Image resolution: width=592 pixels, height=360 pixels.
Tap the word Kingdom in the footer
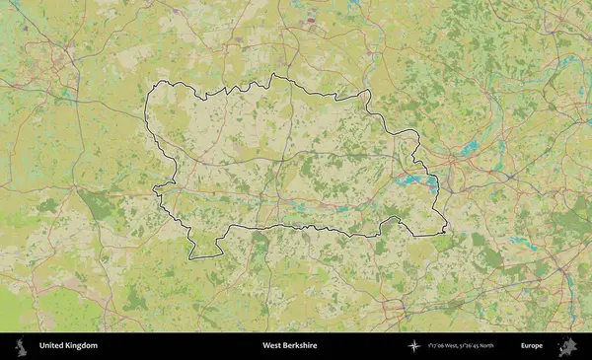click(x=81, y=346)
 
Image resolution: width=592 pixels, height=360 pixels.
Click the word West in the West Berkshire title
click(x=271, y=346)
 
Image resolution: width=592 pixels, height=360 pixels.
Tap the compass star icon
click(x=414, y=346)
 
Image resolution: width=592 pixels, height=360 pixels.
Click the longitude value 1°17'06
click(x=440, y=346)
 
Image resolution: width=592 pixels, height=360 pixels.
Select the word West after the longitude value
click(x=463, y=346)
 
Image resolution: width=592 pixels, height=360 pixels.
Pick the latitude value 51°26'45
click(x=485, y=346)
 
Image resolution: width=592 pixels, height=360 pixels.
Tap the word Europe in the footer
click(x=532, y=346)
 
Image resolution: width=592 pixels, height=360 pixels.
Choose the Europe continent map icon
click(x=567, y=346)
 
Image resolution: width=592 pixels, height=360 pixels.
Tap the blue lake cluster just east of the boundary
click(x=468, y=147)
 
